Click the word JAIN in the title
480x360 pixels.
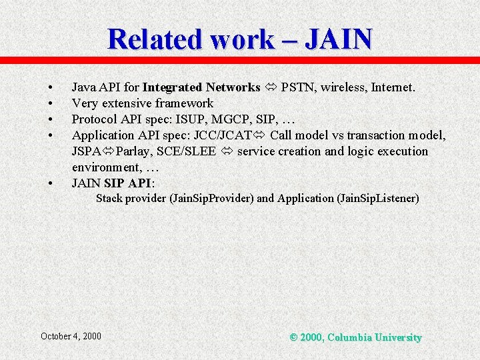coord(338,39)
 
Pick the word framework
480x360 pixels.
coord(184,103)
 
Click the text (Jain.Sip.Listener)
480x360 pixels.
coord(378,198)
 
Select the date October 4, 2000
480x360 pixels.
coord(71,336)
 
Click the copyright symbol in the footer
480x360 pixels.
coord(293,337)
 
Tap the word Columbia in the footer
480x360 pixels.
coord(351,337)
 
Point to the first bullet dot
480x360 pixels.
coord(50,88)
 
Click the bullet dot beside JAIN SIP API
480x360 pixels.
coord(50,183)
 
